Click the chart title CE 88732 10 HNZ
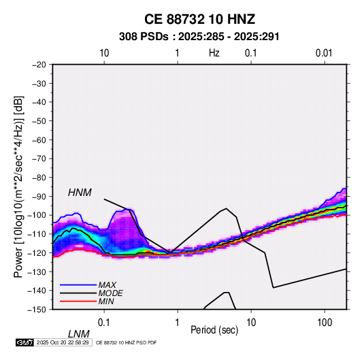point(199,19)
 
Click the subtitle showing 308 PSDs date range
point(199,37)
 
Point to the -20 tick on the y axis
point(39,65)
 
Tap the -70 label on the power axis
point(39,159)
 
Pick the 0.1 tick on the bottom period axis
point(104,322)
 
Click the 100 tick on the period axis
point(325,322)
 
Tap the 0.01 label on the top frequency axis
point(324,53)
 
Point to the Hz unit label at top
point(214,53)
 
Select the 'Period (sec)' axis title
point(214,330)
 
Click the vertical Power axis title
point(18,186)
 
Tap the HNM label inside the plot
point(80,193)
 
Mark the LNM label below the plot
point(79,334)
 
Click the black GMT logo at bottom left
point(25,342)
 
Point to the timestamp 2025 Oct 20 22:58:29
point(63,342)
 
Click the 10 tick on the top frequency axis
point(104,53)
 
